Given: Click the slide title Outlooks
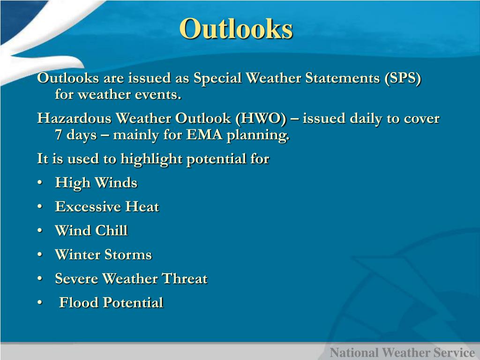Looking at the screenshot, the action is click(236, 29).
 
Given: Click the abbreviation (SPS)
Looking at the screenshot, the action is click(403, 78).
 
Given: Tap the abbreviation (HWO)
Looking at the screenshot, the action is click(261, 119).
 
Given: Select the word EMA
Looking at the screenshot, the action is click(204, 135).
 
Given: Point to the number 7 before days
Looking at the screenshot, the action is click(59, 135).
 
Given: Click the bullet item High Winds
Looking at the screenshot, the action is click(96, 183).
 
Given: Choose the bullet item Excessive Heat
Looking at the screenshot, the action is click(107, 207).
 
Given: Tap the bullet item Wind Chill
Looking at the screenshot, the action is click(91, 231).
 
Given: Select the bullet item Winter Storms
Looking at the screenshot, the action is click(104, 255).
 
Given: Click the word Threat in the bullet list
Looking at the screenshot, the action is click(185, 278).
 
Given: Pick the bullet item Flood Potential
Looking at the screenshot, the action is click(111, 302).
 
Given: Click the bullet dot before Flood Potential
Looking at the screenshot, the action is click(40, 303).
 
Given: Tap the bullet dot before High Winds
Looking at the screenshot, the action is click(40, 183).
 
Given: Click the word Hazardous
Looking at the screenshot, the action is click(74, 119).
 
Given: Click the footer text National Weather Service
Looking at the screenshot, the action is click(402, 352).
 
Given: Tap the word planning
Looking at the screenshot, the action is click(258, 135).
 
